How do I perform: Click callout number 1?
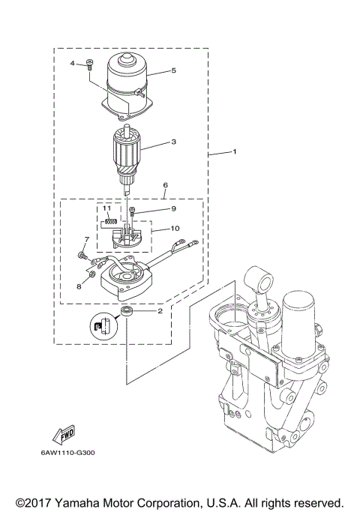click(235, 151)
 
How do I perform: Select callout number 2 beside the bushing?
click(160, 310)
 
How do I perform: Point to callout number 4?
click(73, 63)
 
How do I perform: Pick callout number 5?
click(173, 70)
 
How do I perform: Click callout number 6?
click(165, 184)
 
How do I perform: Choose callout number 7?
click(86, 239)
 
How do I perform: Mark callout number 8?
click(79, 286)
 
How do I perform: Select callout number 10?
click(174, 229)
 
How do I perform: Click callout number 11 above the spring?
click(106, 208)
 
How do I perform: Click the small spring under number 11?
click(108, 220)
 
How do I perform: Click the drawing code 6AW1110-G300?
click(68, 453)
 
